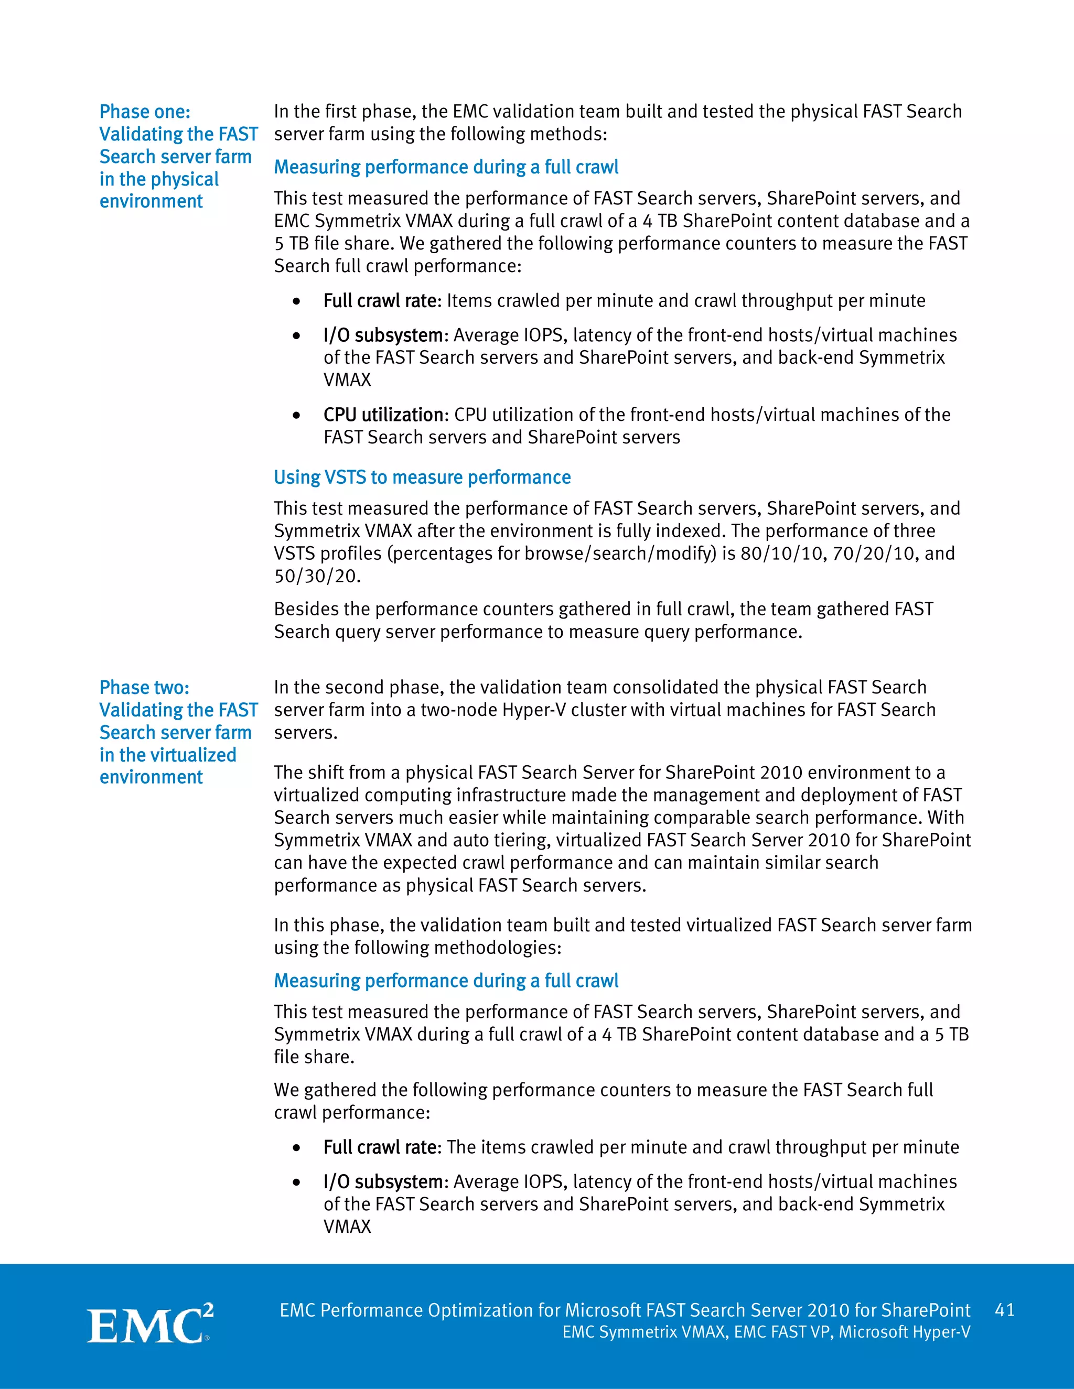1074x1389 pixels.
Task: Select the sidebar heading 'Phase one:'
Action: pyautogui.click(x=144, y=112)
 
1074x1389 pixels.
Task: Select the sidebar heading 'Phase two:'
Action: pyautogui.click(x=144, y=688)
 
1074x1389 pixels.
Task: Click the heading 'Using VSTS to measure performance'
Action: pyautogui.click(x=422, y=477)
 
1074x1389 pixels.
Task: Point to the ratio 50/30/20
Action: pyautogui.click(x=316, y=576)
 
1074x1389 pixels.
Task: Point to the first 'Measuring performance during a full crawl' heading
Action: pyautogui.click(x=446, y=167)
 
